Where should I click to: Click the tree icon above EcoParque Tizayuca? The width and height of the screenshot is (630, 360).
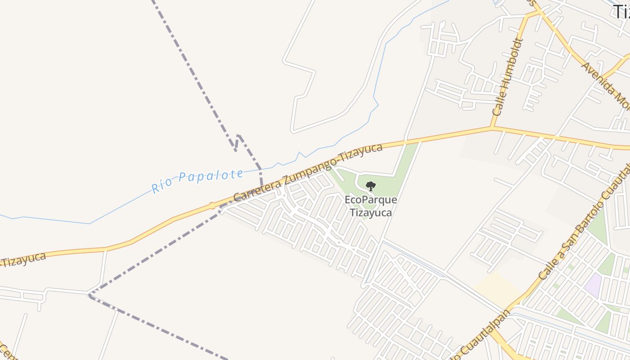coord(370,186)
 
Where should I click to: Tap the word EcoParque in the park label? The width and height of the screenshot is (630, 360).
coord(371,199)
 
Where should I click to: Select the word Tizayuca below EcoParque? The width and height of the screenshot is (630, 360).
coord(371,212)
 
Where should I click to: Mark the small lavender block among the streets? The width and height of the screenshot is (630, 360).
coord(594,285)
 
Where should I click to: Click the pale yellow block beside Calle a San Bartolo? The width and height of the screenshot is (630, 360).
coord(497,288)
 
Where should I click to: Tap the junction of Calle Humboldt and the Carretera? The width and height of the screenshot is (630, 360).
coord(492,128)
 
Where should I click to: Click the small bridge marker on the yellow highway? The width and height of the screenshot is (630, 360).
coord(212,206)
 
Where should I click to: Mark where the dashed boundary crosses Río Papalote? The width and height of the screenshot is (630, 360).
coord(260,169)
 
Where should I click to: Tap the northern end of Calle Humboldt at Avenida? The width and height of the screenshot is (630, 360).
coord(526,16)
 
